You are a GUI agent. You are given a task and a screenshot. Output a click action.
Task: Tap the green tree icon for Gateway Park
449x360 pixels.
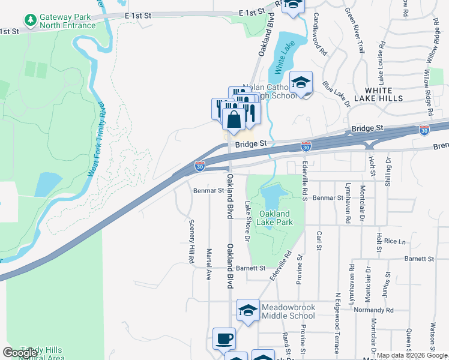point(30,21)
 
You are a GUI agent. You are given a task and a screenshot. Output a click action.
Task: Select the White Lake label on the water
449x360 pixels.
point(280,61)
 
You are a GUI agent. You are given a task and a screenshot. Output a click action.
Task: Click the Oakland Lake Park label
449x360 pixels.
point(276,218)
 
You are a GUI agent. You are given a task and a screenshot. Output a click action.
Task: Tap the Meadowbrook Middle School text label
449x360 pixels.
point(288,311)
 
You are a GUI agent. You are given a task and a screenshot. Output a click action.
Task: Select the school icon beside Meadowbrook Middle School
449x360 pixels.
point(247,311)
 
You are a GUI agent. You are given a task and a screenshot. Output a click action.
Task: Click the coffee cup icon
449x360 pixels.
point(224,338)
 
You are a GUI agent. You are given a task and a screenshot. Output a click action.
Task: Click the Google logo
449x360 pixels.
point(20,352)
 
